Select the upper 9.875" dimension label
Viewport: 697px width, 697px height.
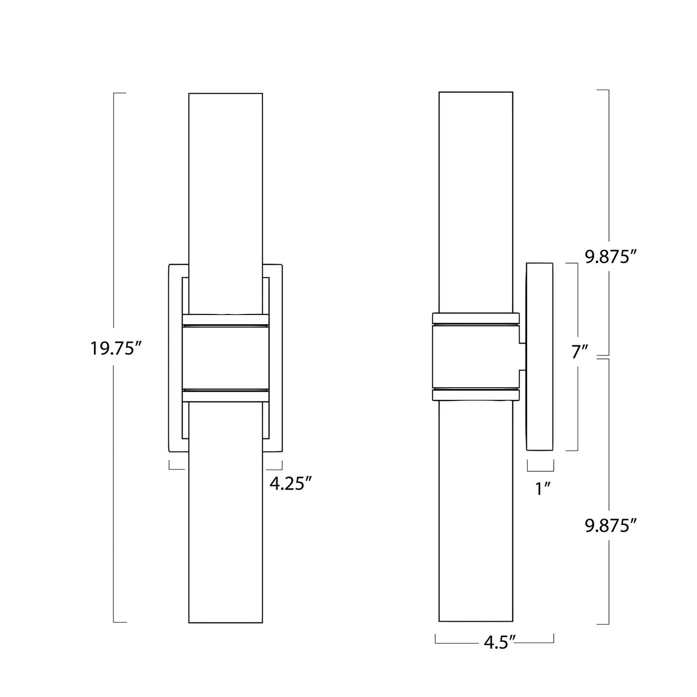pyautogui.click(x=608, y=257)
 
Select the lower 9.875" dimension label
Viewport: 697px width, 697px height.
pyautogui.click(x=608, y=526)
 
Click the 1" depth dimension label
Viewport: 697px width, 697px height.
pyautogui.click(x=543, y=489)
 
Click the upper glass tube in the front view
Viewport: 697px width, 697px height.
pyautogui.click(x=225, y=193)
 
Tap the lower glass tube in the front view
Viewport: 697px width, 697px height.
pyautogui.click(x=225, y=521)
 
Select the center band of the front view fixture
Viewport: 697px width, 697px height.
pyautogui.click(x=225, y=357)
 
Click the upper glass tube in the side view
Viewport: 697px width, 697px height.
pyautogui.click(x=476, y=193)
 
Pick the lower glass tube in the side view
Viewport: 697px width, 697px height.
pyautogui.click(x=476, y=521)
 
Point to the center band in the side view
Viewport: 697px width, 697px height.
pyautogui.click(x=476, y=357)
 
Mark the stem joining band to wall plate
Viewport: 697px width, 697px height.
pyautogui.click(x=522, y=357)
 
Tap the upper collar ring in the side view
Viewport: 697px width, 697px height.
pyautogui.click(x=476, y=318)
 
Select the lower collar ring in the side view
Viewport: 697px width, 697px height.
pyautogui.click(x=476, y=396)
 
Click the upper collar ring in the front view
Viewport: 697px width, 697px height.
pyautogui.click(x=225, y=319)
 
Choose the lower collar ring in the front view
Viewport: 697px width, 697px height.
pyautogui.click(x=225, y=396)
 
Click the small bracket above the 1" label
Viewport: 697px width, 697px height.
pyautogui.click(x=540, y=466)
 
